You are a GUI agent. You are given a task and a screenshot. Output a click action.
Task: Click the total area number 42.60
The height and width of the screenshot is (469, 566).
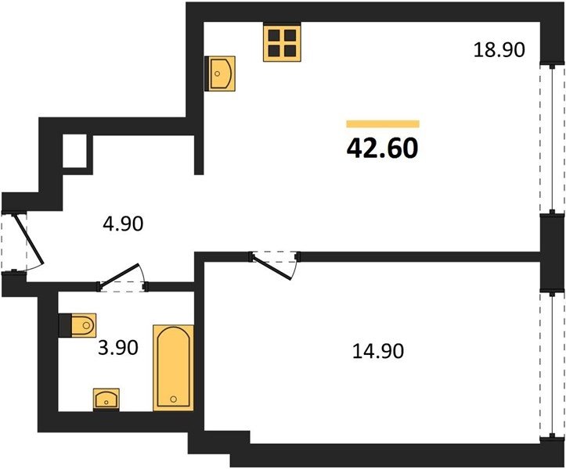382,149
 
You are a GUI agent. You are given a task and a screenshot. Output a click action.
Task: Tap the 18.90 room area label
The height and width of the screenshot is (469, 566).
499,50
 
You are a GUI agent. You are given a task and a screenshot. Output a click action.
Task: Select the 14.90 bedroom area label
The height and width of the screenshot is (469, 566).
378,351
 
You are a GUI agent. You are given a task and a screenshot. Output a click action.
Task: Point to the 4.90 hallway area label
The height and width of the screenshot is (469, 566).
123,224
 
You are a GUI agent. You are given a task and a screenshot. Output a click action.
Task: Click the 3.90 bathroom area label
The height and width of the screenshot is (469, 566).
118,349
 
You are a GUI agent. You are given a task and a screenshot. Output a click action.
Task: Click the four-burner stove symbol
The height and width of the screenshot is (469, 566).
282,42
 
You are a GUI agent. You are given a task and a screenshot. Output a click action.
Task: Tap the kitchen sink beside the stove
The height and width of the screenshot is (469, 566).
220,73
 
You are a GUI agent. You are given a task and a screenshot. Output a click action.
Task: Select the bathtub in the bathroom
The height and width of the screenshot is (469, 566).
174,367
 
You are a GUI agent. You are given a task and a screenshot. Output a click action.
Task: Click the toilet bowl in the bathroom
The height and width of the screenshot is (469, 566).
84,325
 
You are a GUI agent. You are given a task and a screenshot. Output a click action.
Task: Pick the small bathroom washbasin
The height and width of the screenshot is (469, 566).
106,399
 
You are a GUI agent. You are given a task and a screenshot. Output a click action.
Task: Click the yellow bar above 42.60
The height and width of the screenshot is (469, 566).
383,124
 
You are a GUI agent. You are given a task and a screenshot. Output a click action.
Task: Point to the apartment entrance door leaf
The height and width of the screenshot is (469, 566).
28,239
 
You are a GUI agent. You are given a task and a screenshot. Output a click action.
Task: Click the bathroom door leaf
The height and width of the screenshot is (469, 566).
119,276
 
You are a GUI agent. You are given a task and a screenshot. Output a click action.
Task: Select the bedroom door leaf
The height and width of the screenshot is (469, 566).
272,267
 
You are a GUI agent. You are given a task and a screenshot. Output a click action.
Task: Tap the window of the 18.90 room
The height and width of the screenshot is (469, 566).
552,139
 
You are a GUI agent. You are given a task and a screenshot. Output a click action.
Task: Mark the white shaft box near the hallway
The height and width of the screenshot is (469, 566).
74,151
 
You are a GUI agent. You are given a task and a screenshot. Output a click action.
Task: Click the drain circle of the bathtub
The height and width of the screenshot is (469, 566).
174,399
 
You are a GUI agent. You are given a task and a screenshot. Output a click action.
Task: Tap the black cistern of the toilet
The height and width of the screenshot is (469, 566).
65,325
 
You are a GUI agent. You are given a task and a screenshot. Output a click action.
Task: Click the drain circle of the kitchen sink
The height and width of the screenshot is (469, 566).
217,73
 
